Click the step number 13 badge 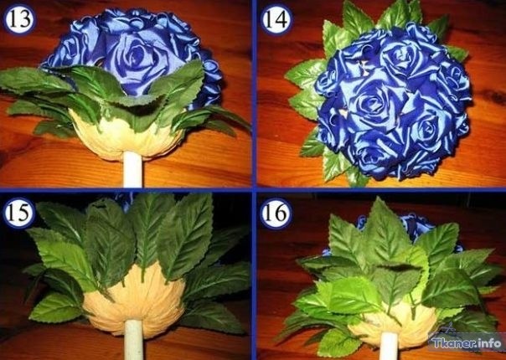19,18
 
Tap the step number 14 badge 277,19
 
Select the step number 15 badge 19,213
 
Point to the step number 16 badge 276,213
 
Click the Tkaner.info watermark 467,342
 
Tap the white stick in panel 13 132,169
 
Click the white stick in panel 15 133,339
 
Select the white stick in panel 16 389,346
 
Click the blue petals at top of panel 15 124,199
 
